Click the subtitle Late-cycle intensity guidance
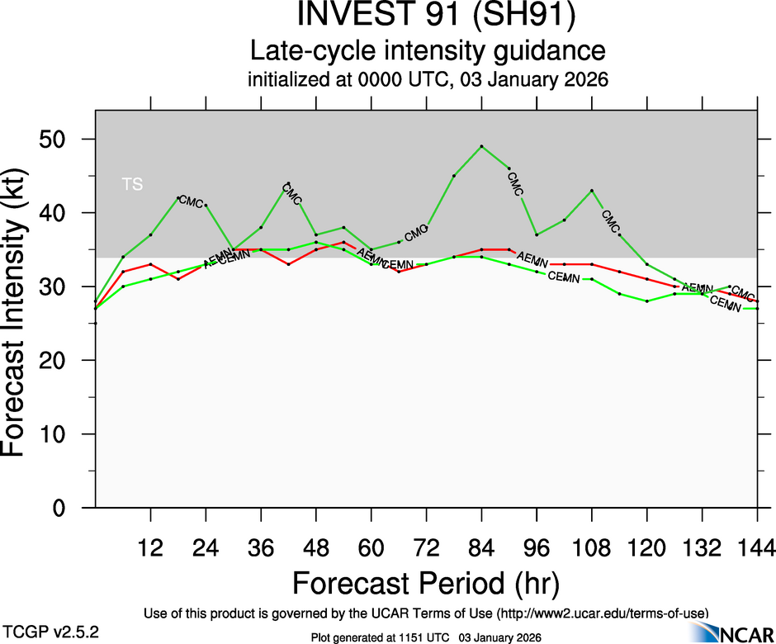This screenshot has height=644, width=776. tap(428, 51)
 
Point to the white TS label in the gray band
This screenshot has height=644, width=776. tap(132, 185)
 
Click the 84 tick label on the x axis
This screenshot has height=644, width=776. tap(481, 547)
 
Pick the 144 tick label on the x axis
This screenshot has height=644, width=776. tap(757, 547)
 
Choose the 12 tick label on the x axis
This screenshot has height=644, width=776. tap(150, 547)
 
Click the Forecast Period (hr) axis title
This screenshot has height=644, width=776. tap(426, 583)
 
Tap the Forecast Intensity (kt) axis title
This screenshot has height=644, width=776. tap(21, 310)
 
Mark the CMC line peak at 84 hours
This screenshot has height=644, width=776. tap(481, 146)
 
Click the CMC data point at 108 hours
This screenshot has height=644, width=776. tap(592, 191)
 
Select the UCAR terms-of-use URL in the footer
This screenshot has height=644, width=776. tap(603, 613)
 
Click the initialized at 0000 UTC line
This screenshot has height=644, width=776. tap(428, 81)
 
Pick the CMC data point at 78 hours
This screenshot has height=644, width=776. tap(454, 176)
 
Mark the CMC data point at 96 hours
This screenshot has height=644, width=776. tap(537, 234)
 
